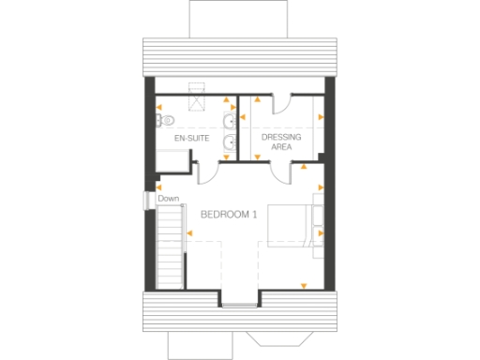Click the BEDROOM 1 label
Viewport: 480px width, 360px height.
[229, 215]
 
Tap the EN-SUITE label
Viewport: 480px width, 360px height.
[191, 139]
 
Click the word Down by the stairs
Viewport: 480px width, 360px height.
[169, 199]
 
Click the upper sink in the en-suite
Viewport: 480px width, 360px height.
[230, 119]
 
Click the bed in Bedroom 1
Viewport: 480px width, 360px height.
[293, 225]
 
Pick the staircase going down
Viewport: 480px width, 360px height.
[168, 247]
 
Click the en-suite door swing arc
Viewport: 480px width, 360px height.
[208, 171]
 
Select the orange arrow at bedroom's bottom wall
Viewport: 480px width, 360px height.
[302, 284]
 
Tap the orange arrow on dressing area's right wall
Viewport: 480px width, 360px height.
[322, 118]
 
